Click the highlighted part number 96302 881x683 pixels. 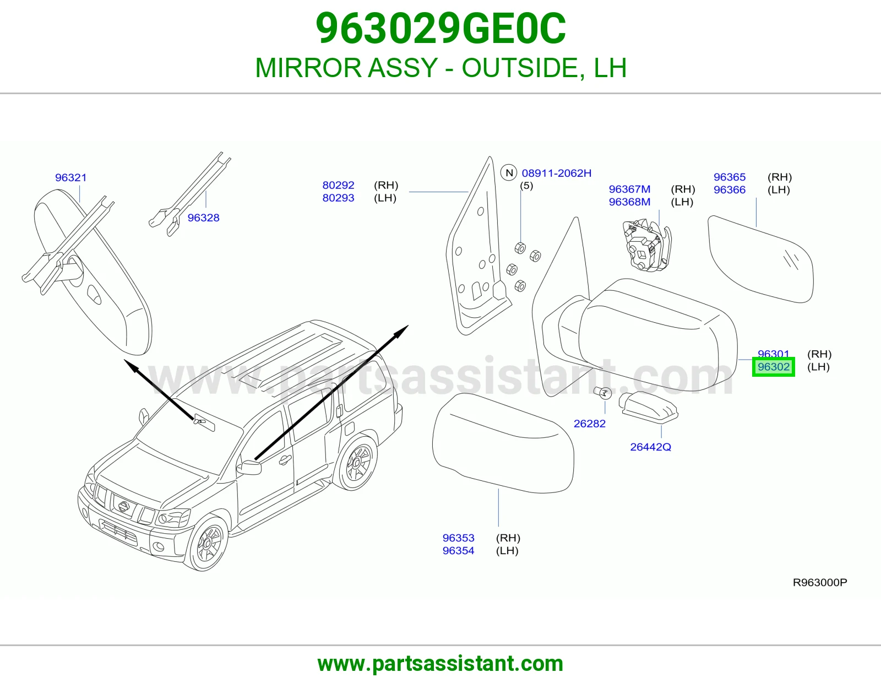coord(773,367)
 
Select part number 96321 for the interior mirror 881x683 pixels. coord(71,178)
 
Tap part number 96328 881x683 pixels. coord(203,218)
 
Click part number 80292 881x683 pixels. coord(338,186)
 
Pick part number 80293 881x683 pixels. coord(338,198)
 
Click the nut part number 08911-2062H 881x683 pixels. coord(556,173)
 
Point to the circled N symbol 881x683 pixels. coord(509,173)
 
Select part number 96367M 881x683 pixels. coord(629,189)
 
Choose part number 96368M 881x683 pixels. coord(629,202)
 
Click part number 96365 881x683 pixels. coord(730,177)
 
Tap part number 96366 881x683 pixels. coord(730,190)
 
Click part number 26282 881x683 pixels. coord(590,424)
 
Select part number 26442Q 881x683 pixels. coord(650,447)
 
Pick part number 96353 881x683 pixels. coord(458,538)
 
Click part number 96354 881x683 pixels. coord(458,551)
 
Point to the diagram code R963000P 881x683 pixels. coord(820,583)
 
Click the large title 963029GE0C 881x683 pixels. coord(440,29)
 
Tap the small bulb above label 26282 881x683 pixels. coord(603,393)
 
